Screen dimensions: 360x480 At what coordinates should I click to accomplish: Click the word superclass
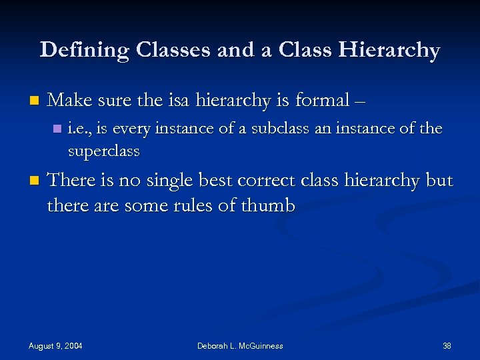click(103, 151)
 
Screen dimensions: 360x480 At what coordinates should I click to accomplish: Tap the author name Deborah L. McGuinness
click(240, 345)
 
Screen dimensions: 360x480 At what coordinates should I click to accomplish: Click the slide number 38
click(447, 345)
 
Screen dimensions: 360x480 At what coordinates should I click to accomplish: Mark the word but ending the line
click(438, 181)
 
